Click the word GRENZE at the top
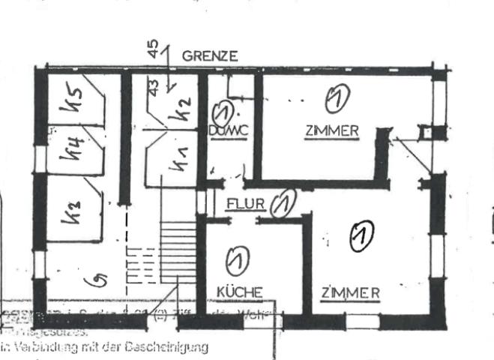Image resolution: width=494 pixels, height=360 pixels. [210, 55]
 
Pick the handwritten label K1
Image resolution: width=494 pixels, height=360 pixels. [177, 160]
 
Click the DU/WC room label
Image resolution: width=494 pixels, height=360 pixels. [227, 130]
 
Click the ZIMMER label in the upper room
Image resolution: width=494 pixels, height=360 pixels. [331, 130]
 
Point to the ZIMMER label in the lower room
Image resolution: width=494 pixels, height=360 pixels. [350, 292]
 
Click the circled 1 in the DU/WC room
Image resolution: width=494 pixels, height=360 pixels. [223, 113]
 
